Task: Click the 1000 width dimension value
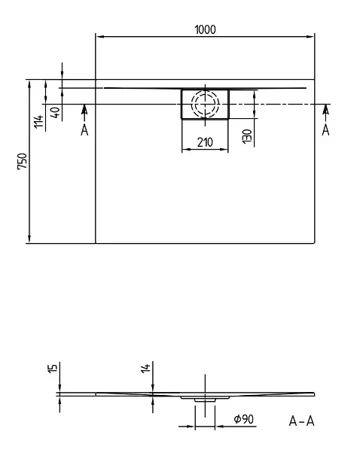coord(205,29)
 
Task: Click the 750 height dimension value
coord(23,162)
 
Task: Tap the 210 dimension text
coord(205,142)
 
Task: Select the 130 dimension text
coord(247,136)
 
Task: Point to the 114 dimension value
coord(38,122)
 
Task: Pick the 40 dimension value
coord(56,112)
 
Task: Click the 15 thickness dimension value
coord(52,369)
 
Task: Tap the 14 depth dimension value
coord(145,369)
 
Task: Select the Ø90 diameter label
coord(243,419)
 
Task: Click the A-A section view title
coord(301,421)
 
